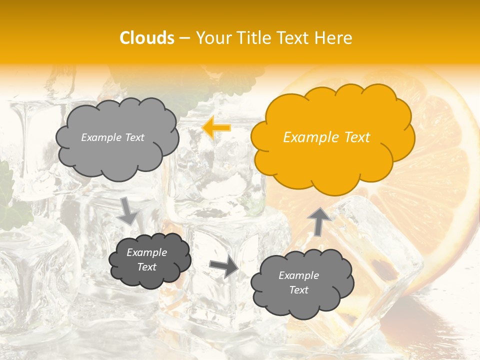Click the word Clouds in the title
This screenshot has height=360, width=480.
tap(147, 38)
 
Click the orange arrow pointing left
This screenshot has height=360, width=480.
tap(216, 128)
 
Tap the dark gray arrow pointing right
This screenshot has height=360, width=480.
tap(224, 267)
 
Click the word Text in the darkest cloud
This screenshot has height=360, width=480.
tap(147, 267)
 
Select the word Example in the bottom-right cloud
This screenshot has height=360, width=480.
tap(298, 275)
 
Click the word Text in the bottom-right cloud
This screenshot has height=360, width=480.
tap(298, 290)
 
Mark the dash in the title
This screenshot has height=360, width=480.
tap(184, 38)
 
